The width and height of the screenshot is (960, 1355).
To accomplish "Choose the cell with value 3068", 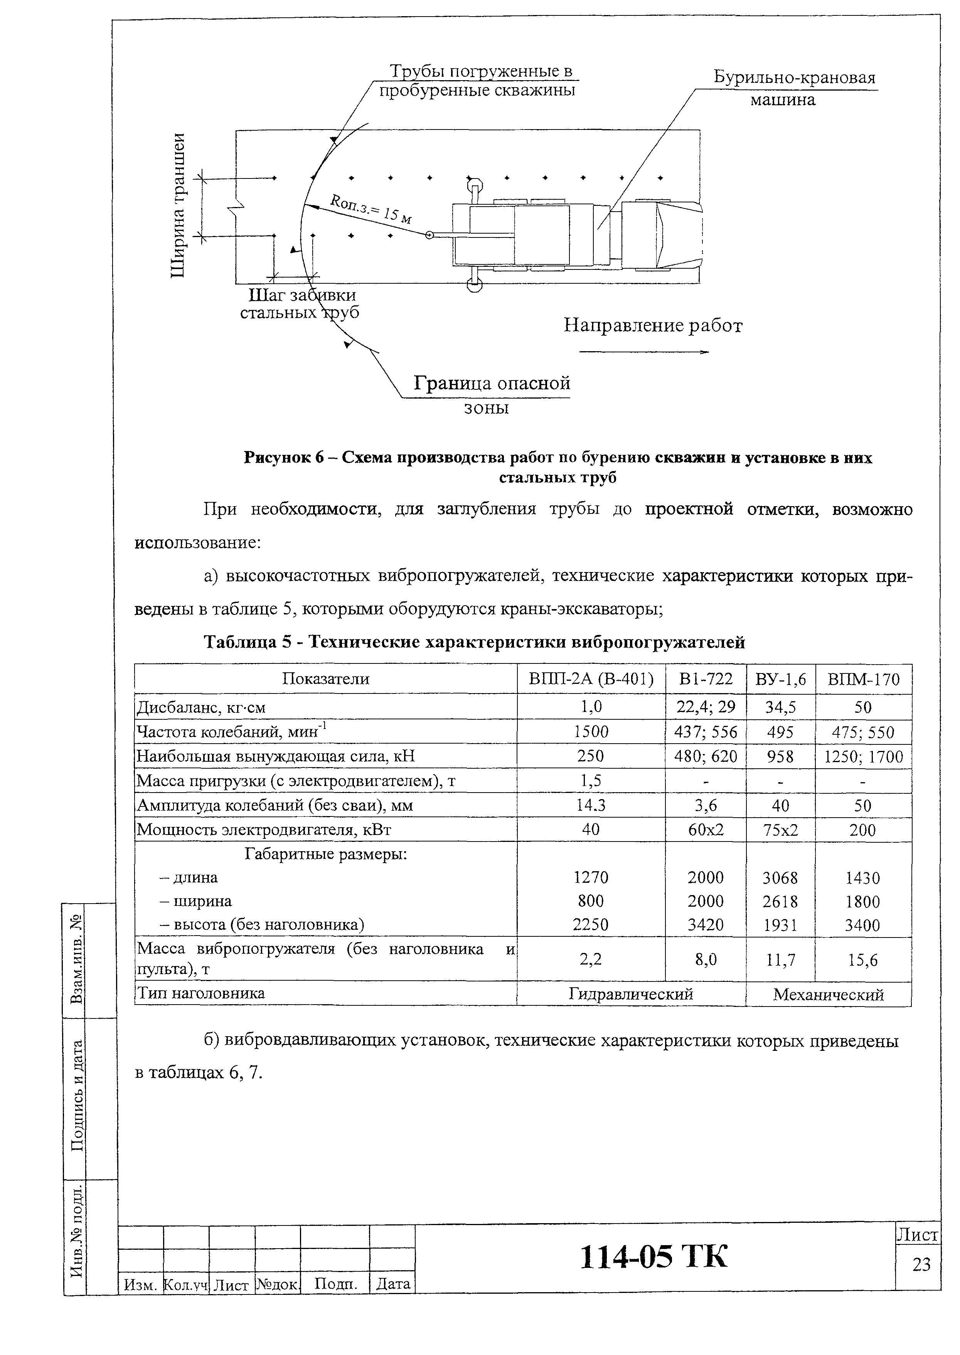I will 780,878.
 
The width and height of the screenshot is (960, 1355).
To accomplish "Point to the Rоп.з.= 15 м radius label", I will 371,210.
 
